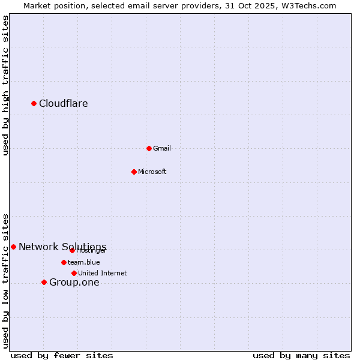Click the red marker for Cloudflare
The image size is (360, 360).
pyautogui.click(x=34, y=103)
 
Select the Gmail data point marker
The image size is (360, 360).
pyautogui.click(x=149, y=148)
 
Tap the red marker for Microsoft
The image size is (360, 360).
pyautogui.click(x=134, y=172)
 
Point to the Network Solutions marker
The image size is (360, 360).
pyautogui.click(x=13, y=247)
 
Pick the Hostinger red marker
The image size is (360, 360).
pyautogui.click(x=72, y=250)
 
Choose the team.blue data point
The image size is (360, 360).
pyautogui.click(x=64, y=262)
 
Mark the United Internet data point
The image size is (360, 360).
pyautogui.click(x=74, y=273)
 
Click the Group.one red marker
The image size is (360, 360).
pyautogui.click(x=44, y=282)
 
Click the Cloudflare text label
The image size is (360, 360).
pyautogui.click(x=64, y=104)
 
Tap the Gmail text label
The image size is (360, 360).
pyautogui.click(x=162, y=149)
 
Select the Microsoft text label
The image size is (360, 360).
pyautogui.click(x=152, y=172)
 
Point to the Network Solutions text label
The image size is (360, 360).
pyautogui.click(x=62, y=247)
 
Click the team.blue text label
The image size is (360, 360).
pyautogui.click(x=84, y=262)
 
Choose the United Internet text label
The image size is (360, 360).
pyautogui.click(x=103, y=274)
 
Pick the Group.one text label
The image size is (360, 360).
pyautogui.click(x=74, y=283)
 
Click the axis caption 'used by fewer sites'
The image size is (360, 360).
pyautogui.click(x=62, y=355)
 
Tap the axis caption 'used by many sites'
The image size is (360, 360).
pyautogui.click(x=301, y=355)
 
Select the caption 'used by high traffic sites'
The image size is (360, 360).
pyautogui.click(x=5, y=85)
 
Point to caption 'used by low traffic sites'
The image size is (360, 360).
pyautogui.click(x=5, y=281)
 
